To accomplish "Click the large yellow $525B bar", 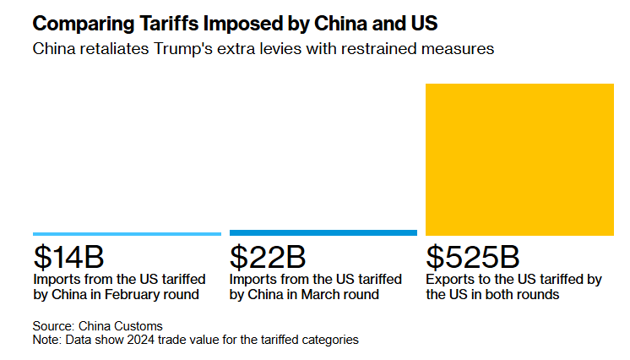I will click(x=519, y=159).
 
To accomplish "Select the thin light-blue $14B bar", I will click(x=127, y=233).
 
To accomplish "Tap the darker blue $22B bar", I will click(x=323, y=232).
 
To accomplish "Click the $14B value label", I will click(x=68, y=256).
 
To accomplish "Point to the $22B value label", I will click(x=266, y=256).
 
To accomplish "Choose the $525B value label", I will click(x=474, y=256).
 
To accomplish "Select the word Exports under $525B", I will click(x=450, y=278).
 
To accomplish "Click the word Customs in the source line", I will click(x=139, y=326).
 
